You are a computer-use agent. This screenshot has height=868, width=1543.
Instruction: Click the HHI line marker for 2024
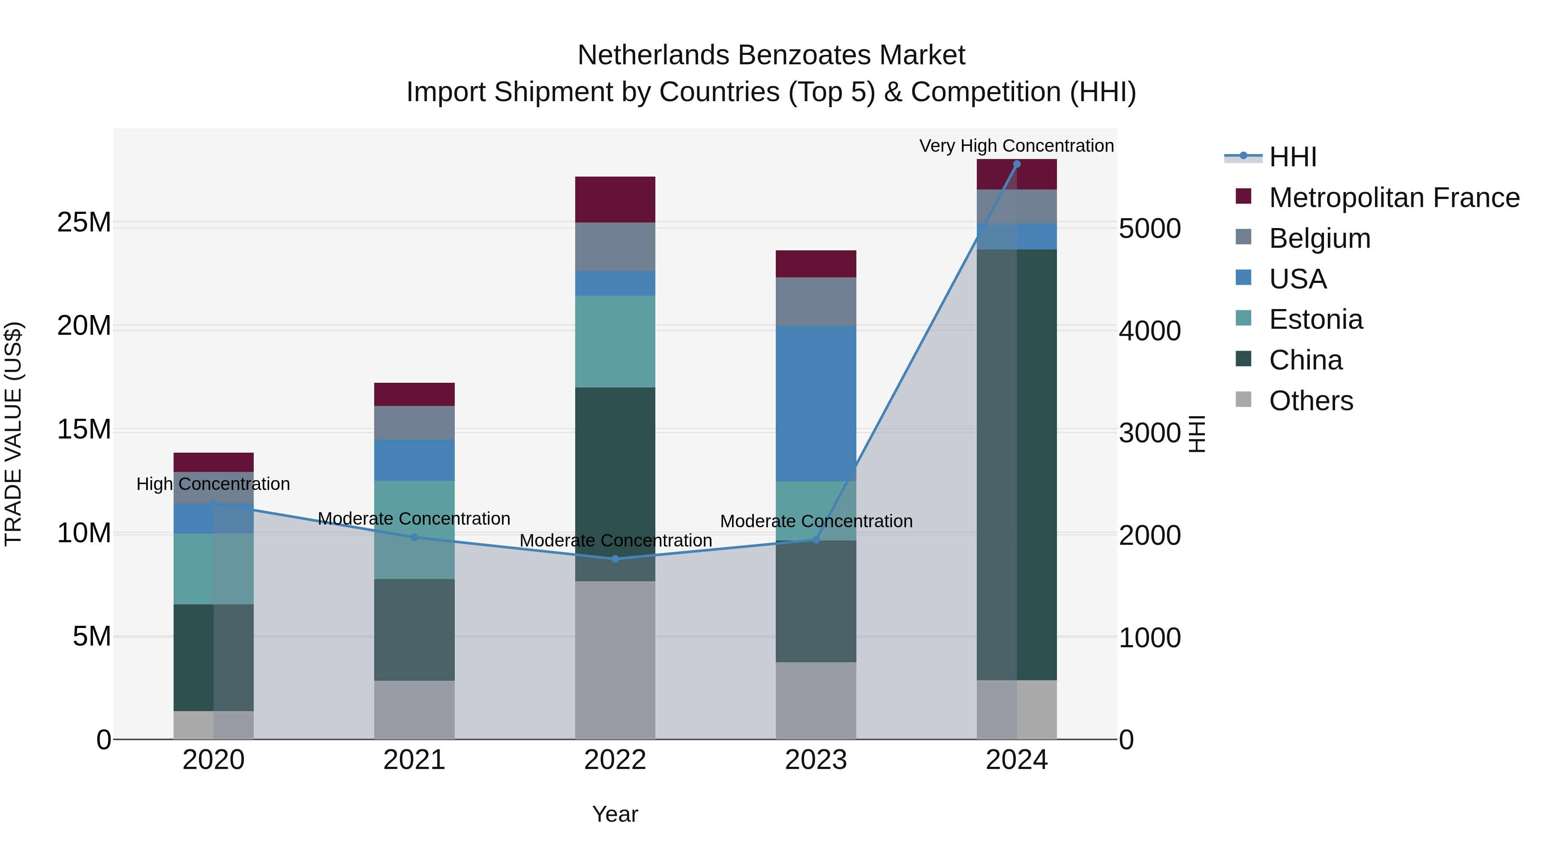point(1017,164)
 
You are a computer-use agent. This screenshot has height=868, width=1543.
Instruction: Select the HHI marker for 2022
point(615,559)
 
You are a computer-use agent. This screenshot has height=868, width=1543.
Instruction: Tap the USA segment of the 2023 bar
point(816,403)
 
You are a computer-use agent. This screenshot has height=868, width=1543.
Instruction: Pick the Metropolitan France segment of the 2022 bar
point(615,199)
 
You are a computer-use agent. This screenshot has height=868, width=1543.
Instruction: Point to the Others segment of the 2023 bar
point(816,700)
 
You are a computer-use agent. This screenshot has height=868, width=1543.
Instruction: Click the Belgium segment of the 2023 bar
point(816,301)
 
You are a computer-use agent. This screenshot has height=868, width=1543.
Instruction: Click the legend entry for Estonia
point(1315,319)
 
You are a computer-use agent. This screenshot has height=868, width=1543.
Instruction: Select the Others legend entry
point(1311,401)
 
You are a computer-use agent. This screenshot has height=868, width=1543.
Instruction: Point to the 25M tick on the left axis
point(84,223)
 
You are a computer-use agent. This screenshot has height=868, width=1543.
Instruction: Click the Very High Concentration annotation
point(1017,146)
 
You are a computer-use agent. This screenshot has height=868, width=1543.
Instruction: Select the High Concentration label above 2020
point(213,484)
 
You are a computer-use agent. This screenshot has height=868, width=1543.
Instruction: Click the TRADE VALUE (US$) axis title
point(13,434)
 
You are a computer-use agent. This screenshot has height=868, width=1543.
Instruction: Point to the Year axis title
point(615,814)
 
